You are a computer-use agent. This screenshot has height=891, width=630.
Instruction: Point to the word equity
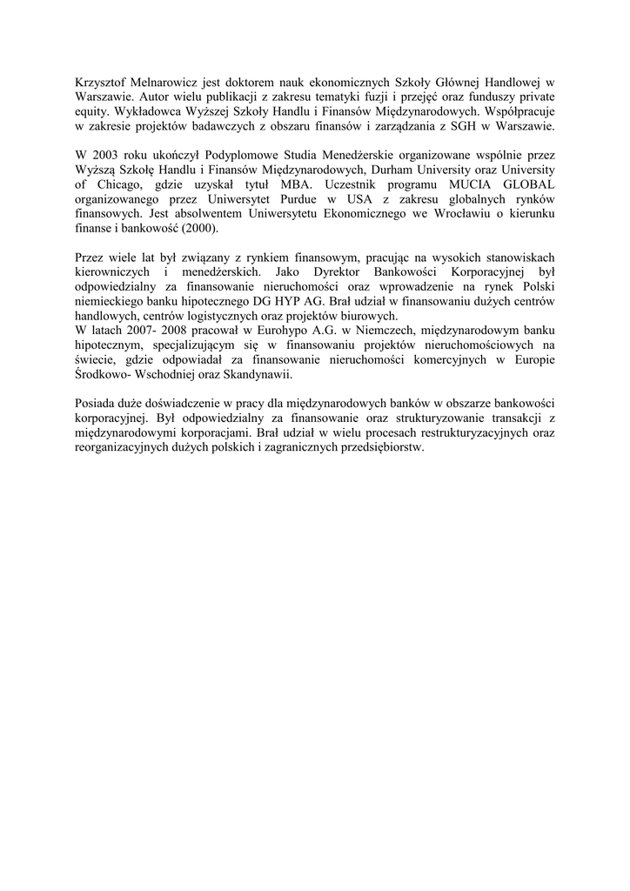92,112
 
